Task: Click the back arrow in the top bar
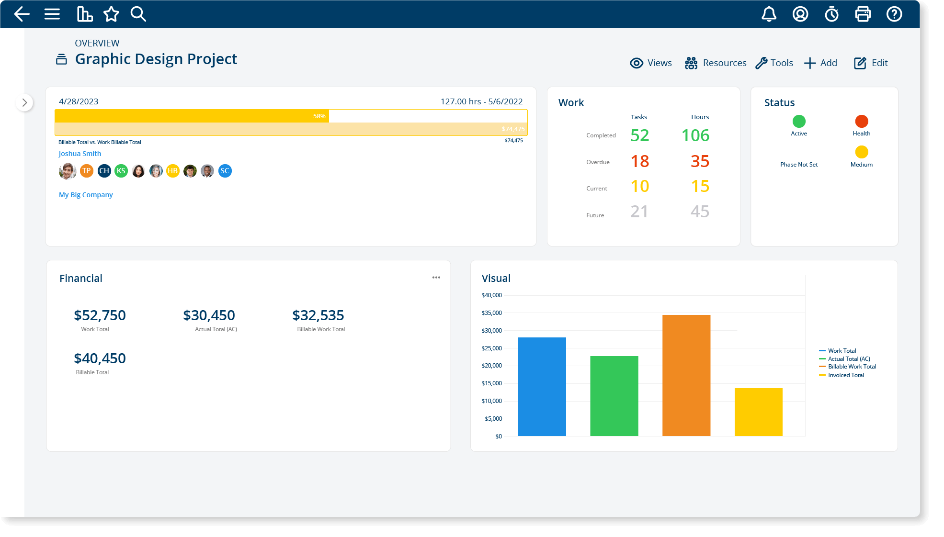[22, 14]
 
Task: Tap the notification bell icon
[769, 14]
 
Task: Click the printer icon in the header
[863, 14]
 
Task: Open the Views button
[650, 63]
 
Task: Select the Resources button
[716, 63]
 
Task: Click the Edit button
[871, 63]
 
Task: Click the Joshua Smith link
[80, 154]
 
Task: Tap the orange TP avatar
[87, 171]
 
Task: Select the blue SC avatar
[225, 171]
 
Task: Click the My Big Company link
[86, 195]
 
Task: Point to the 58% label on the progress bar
[319, 116]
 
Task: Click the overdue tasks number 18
[639, 161]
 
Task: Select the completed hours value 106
[695, 135]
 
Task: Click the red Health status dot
[861, 121]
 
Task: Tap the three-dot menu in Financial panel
[436, 278]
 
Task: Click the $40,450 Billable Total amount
[100, 358]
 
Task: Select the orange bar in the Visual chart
[686, 375]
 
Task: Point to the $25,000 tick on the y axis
[491, 348]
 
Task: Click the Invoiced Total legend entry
[846, 375]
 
